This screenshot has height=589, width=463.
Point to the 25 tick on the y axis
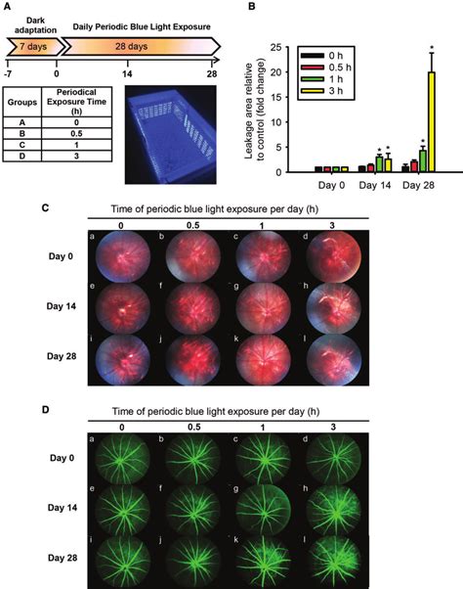277,46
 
